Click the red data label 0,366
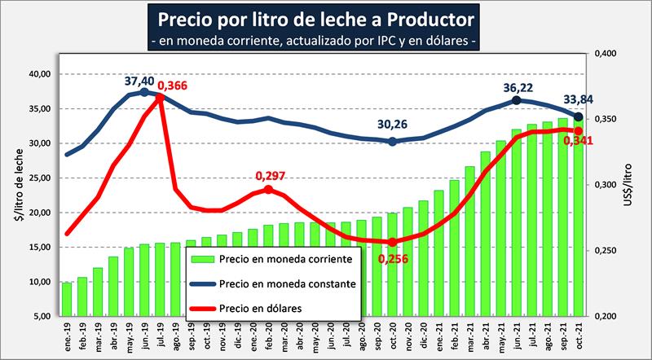pos(173,85)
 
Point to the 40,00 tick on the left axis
pos(40,74)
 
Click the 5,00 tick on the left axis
pos(42,316)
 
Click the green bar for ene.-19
pos(67,299)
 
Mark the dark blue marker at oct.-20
pos(393,142)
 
